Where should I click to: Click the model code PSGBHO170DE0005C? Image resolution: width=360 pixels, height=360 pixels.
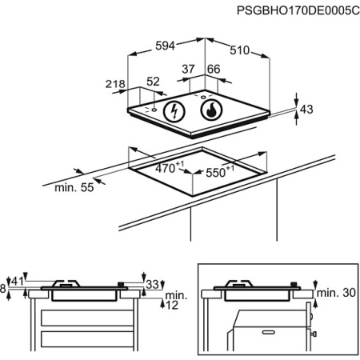pos(298,11)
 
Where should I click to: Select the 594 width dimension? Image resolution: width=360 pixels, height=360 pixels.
pos(165,46)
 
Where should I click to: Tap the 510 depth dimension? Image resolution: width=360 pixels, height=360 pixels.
pos(240,50)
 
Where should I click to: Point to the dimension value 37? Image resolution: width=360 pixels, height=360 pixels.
pos(188,69)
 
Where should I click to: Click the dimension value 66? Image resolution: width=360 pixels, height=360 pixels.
pos(214,69)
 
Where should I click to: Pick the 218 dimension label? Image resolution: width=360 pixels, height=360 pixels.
pos(115,84)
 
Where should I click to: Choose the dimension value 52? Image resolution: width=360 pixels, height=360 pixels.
pos(153,82)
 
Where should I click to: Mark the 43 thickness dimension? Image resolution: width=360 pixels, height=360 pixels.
pos(306,110)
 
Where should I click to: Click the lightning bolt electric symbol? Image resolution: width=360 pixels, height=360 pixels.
pos(174,111)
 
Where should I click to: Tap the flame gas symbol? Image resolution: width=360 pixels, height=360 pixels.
pos(211,110)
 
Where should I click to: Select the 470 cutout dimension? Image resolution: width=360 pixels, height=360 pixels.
pos(170,168)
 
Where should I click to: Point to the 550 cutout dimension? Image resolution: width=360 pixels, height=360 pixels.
pos(220,171)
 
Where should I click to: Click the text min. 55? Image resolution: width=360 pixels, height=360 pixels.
pos(74,187)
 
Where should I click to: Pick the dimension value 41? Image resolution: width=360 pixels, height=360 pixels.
pos(18,281)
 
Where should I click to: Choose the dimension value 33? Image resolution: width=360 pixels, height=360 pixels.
pos(153,285)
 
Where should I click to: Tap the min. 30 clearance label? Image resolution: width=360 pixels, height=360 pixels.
pos(336,293)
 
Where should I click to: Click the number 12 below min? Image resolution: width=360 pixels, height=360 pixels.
pos(172,305)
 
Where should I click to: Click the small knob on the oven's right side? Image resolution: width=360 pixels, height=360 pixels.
pos(314,334)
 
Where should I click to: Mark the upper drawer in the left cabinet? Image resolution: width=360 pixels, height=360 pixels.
pos(87,318)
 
